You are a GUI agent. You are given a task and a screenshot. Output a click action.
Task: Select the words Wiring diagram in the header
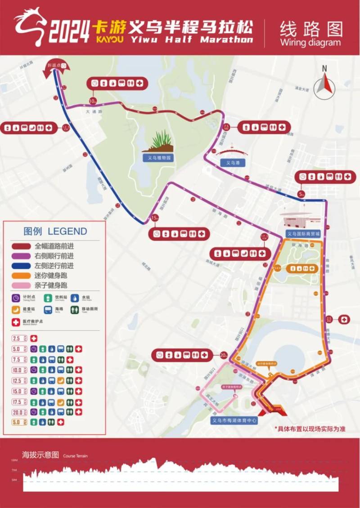tap(310, 43)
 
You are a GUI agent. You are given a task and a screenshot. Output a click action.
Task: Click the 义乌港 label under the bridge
tap(233, 163)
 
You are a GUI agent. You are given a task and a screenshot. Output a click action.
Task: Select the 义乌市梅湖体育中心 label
tap(234, 421)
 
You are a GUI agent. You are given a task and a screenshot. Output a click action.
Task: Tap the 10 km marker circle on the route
tap(93, 101)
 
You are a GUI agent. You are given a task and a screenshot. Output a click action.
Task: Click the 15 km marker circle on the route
tap(154, 218)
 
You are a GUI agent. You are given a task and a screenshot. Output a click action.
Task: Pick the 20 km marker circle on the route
tap(224, 355)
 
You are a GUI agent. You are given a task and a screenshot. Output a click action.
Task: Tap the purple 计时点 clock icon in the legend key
tap(16, 298)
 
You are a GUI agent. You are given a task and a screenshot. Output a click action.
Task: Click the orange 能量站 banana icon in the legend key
tap(16, 310)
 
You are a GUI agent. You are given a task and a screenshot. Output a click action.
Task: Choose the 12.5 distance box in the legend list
tap(19, 380)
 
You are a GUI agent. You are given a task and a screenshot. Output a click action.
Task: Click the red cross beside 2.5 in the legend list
tap(33, 339)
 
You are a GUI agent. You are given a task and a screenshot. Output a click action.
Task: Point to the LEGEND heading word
tap(67, 232)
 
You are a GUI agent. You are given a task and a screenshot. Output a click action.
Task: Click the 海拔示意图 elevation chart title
tap(40, 454)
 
